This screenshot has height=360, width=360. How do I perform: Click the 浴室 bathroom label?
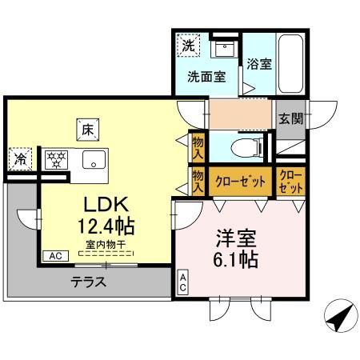pyautogui.click(x=258, y=65)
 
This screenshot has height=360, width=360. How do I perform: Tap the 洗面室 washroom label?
pyautogui.click(x=206, y=78)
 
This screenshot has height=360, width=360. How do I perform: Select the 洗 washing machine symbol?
pyautogui.click(x=188, y=46)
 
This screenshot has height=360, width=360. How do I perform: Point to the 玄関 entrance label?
pyautogui.click(x=290, y=118)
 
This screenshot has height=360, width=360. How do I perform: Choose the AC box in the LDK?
pyautogui.click(x=56, y=256)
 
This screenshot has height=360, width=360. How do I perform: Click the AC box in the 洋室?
pyautogui.click(x=183, y=282)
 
